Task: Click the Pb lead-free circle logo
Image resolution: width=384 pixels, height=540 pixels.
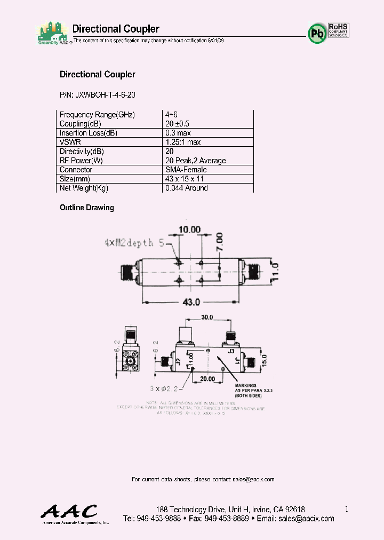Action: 317,33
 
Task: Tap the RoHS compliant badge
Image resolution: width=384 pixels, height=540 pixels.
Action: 338,30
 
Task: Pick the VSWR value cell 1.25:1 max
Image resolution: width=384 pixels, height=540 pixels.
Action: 183,142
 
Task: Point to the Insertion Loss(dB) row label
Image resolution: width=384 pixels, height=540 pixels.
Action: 88,133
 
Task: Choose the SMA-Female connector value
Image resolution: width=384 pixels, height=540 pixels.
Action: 187,170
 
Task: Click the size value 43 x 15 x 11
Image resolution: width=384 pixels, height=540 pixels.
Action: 185,179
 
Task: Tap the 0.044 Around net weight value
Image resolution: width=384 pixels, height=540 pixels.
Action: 187,188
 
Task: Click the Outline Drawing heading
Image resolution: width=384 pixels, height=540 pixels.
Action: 87,208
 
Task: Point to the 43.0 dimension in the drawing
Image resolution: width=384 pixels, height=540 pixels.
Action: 191,302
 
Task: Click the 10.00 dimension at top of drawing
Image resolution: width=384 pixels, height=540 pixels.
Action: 189,229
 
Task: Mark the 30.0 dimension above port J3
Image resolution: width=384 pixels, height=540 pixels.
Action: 207,317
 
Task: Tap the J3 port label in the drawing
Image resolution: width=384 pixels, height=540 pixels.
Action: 231,351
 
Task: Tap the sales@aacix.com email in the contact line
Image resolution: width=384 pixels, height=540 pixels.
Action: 253,479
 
